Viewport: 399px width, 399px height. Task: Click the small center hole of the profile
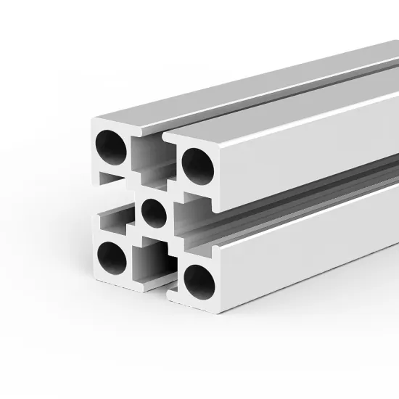click(x=153, y=211)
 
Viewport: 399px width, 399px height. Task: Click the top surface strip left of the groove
click(x=218, y=87)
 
